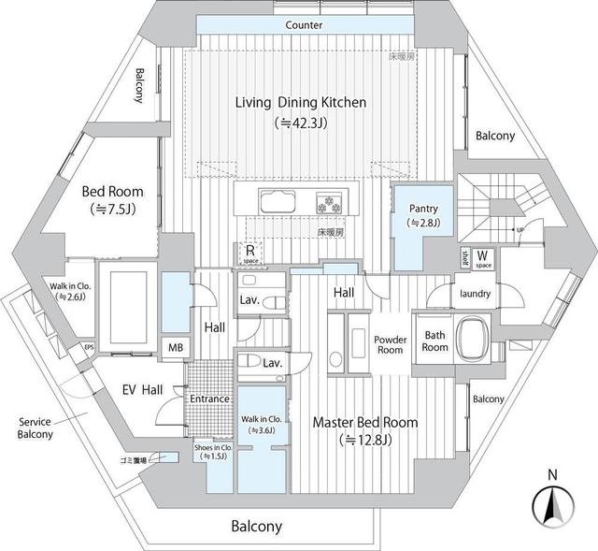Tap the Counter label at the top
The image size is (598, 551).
(x=305, y=25)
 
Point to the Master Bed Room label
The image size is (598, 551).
(x=365, y=423)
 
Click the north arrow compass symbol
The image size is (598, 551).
(x=551, y=507)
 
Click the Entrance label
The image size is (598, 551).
(x=209, y=399)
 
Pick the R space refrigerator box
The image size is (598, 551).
(x=250, y=253)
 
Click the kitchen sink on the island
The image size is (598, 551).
(x=278, y=202)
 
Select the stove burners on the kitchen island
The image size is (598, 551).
(x=331, y=202)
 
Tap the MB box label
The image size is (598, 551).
(x=176, y=348)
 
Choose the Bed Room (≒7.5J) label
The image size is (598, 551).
(x=112, y=199)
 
